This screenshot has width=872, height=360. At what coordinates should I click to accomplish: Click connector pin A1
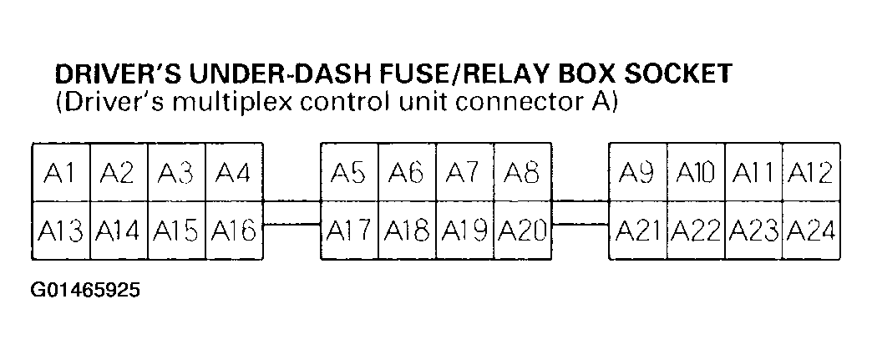(x=60, y=173)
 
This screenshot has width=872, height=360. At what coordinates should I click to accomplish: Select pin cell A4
(x=235, y=173)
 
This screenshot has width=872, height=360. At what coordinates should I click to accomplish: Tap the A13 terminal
(x=60, y=231)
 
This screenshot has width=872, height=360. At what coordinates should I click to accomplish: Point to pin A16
(x=235, y=231)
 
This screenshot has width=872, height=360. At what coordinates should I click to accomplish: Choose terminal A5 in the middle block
(x=350, y=173)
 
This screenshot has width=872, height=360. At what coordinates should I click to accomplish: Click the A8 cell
(x=522, y=173)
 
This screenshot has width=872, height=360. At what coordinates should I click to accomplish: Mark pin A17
(x=350, y=231)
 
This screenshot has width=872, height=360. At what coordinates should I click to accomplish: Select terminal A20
(x=522, y=231)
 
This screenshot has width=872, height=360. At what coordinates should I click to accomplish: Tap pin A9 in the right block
(x=638, y=173)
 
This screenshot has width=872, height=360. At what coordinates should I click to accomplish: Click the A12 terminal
(x=811, y=173)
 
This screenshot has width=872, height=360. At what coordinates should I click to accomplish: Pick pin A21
(x=638, y=231)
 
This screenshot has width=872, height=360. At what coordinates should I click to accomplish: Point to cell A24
(x=811, y=231)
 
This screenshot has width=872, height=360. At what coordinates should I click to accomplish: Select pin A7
(x=464, y=173)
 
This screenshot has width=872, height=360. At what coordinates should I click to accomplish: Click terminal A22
(x=696, y=231)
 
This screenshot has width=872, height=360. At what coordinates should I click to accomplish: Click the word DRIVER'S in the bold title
(x=117, y=75)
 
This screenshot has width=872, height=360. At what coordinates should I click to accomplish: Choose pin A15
(x=176, y=231)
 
